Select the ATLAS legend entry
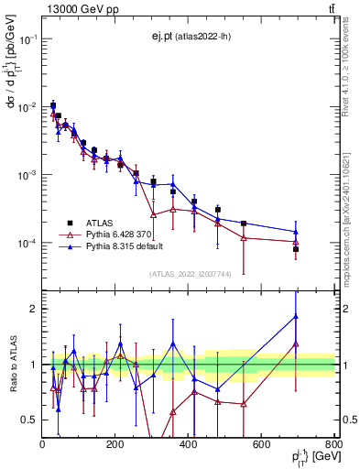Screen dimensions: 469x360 point(96,223)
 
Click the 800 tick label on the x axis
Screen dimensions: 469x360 point(334,444)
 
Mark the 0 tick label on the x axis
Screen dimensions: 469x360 point(42,444)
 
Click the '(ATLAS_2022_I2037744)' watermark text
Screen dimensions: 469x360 point(190,274)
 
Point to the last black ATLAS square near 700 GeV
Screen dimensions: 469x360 point(296,249)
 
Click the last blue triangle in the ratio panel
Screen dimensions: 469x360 point(296,317)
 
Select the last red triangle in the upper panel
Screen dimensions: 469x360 point(296,243)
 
